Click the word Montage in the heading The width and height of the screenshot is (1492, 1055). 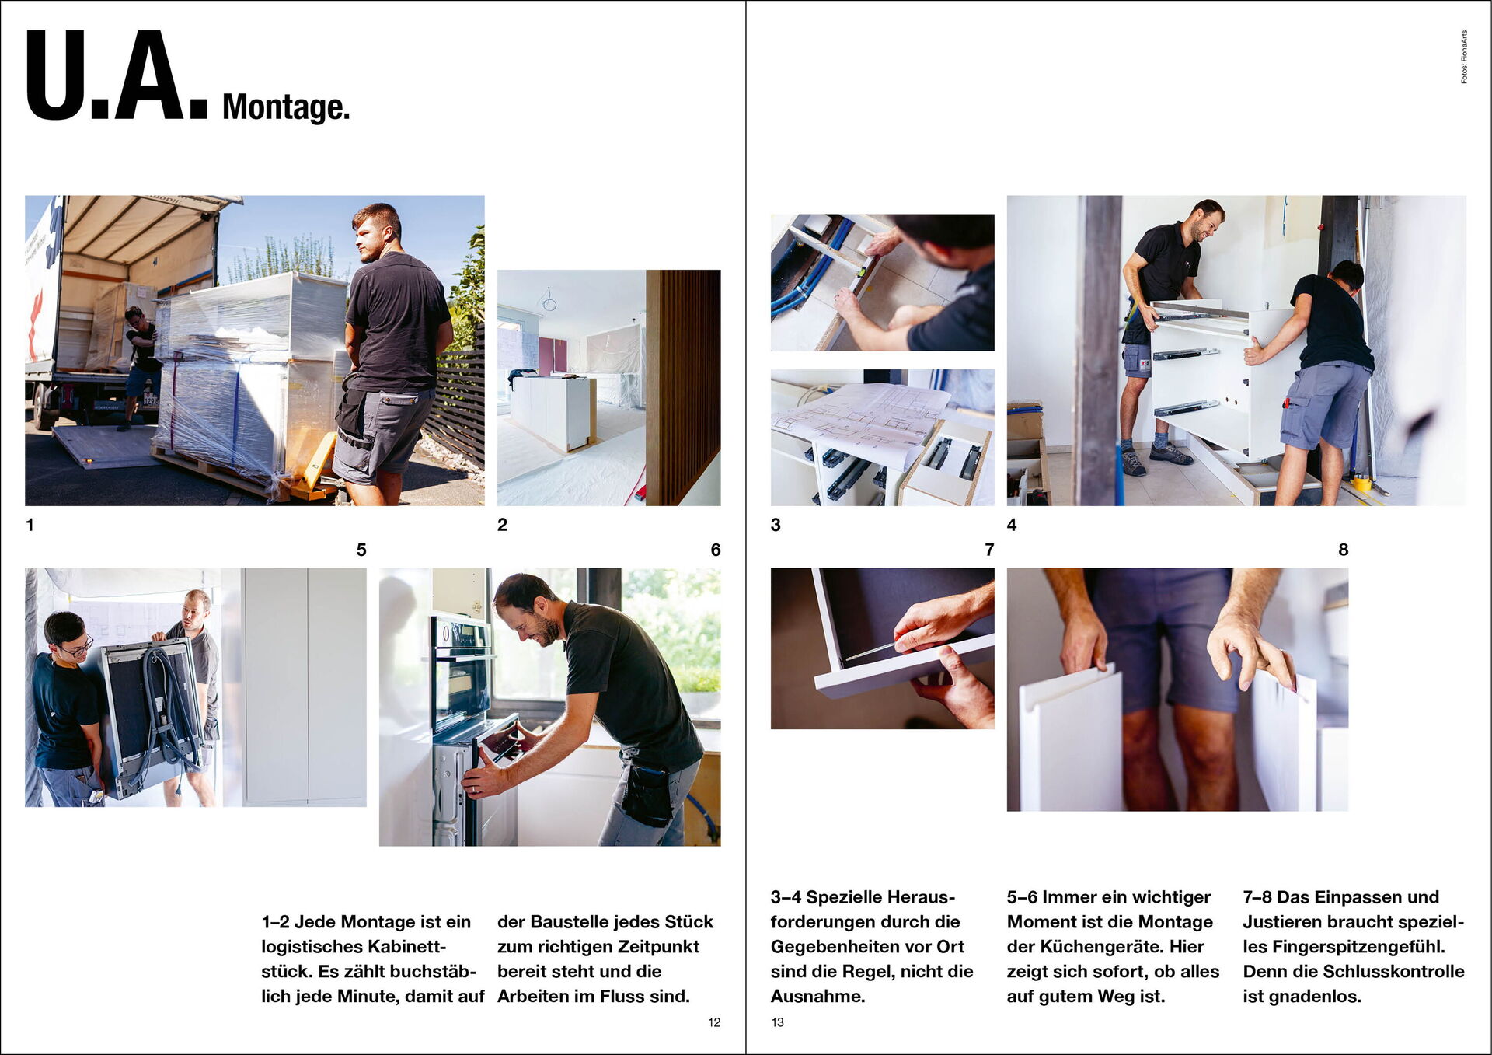(x=285, y=107)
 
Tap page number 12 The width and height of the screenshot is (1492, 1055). (x=714, y=1022)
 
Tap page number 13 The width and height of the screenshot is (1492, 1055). (x=777, y=1022)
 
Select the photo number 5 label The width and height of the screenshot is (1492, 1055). (x=361, y=550)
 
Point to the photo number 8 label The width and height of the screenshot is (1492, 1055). (x=1343, y=550)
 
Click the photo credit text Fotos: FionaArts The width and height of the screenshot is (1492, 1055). (x=1464, y=57)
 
